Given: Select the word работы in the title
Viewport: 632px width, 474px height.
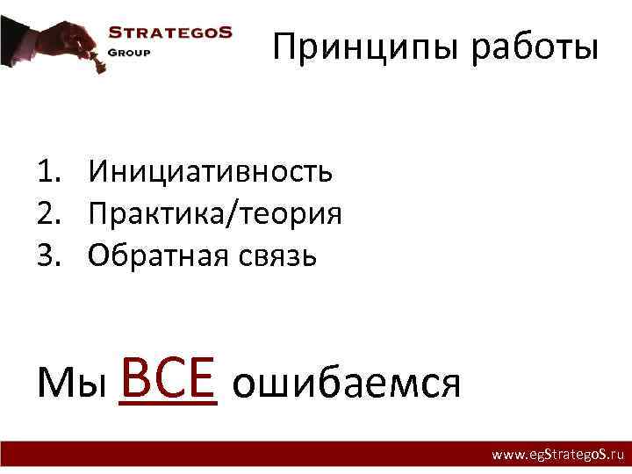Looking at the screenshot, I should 536,47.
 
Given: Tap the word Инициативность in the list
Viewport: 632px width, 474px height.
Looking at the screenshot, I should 211,170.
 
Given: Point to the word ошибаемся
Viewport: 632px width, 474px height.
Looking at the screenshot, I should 347,384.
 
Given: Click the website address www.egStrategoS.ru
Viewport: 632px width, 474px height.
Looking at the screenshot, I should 557,455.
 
